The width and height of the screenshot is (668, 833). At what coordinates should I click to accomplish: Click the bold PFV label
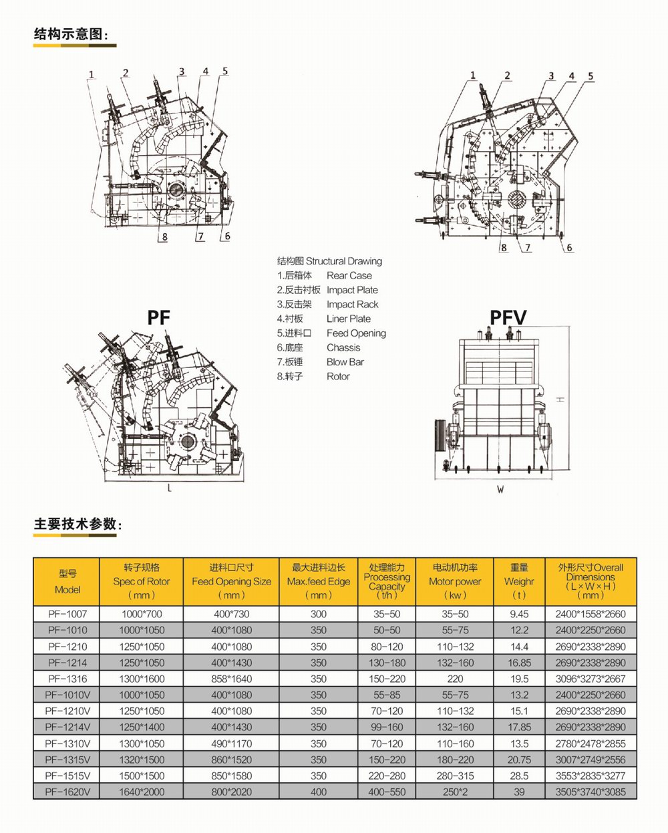[508, 317]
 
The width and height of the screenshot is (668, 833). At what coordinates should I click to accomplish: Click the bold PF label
[159, 317]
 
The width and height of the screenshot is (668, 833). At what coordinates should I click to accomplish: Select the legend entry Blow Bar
[345, 362]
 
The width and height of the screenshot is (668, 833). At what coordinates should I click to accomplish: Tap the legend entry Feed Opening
[356, 333]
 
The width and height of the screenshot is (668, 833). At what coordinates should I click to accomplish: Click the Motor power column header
[454, 581]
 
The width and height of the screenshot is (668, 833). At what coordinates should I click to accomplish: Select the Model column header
[67, 582]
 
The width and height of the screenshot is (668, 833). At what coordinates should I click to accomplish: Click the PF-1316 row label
[67, 679]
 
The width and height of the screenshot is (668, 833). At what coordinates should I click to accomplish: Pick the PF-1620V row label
[67, 792]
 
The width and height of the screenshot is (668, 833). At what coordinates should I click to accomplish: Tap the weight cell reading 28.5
[519, 776]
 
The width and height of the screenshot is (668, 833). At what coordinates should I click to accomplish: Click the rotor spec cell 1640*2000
[142, 792]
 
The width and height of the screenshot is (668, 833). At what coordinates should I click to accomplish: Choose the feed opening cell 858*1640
[231, 679]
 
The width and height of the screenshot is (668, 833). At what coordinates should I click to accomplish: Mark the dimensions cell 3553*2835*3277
[591, 776]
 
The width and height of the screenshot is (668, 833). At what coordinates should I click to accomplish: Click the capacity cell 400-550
[387, 792]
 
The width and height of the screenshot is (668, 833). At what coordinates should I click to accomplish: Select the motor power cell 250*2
[454, 792]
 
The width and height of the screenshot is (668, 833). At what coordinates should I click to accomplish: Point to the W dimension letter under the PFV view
[500, 490]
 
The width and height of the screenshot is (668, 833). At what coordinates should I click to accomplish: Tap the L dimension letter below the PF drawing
[170, 488]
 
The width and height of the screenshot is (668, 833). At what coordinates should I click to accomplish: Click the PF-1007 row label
[67, 614]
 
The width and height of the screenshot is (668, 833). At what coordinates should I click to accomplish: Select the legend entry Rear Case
[349, 276]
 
